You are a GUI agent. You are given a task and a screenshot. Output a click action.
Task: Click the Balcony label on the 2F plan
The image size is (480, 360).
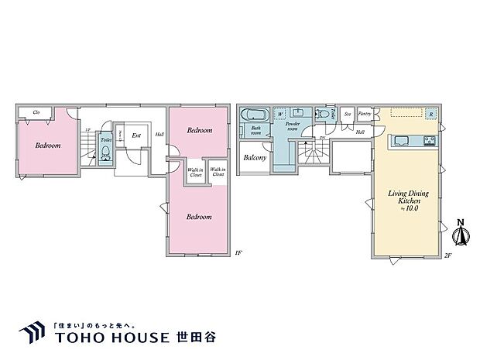pyautogui.click(x=255, y=158)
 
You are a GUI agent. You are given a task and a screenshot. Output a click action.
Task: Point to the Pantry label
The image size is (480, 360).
pyautogui.click(x=365, y=114)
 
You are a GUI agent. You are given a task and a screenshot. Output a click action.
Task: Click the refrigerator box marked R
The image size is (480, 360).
pyautogui.click(x=430, y=115)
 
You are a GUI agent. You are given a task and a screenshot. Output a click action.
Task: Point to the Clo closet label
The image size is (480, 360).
pyautogui.click(x=36, y=112)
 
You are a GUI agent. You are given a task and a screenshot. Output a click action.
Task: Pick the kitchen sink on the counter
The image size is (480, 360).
pyautogui.click(x=403, y=140)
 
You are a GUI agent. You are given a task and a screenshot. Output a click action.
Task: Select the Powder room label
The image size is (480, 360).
pyautogui.click(x=293, y=126)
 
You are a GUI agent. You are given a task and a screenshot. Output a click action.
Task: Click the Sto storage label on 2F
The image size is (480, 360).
pyautogui.click(x=348, y=114)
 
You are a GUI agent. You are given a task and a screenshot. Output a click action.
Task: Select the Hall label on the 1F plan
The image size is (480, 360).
pyautogui.click(x=159, y=135)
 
